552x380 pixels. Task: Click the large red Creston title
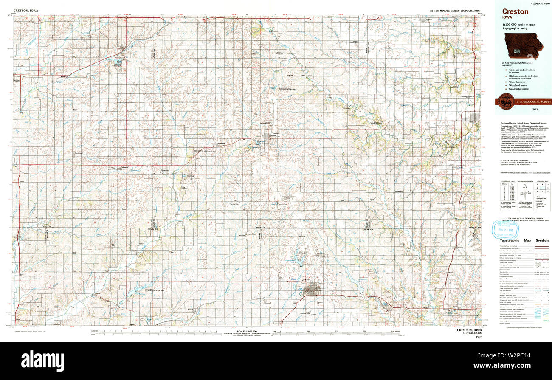(x=515, y=11)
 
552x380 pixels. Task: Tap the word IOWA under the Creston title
(x=508, y=18)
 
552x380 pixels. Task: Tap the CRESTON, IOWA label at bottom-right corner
(x=469, y=330)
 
